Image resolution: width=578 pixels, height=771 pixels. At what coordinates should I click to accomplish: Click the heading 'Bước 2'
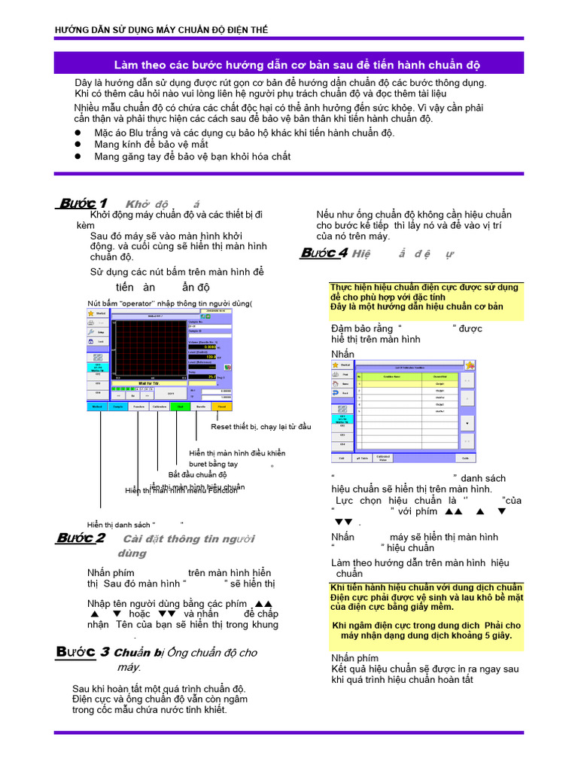click(x=81, y=538)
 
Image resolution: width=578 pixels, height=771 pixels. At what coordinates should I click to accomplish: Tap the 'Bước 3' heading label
click(x=84, y=652)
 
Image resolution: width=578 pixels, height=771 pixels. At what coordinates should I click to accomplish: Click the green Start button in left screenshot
click(x=180, y=406)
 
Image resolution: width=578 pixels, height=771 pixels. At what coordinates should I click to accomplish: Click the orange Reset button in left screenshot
click(x=222, y=406)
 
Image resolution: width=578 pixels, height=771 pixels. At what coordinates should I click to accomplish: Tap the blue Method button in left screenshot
click(x=96, y=406)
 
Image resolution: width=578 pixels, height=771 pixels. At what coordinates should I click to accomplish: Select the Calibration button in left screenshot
click(x=160, y=406)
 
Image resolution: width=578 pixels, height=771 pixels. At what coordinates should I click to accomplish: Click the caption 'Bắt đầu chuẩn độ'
click(x=197, y=475)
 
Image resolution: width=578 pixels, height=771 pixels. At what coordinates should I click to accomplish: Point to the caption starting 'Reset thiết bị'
click(x=260, y=427)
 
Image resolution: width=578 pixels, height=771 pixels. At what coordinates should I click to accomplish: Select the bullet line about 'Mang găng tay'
click(x=192, y=157)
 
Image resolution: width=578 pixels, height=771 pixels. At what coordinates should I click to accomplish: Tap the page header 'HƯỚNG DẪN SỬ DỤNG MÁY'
click(x=162, y=29)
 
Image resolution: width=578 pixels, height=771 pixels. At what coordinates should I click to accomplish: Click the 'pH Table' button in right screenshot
click(x=363, y=457)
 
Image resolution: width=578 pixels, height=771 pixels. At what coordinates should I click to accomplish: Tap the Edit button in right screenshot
click(x=341, y=457)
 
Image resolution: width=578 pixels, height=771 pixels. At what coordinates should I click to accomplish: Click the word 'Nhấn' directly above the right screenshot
click(x=342, y=354)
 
